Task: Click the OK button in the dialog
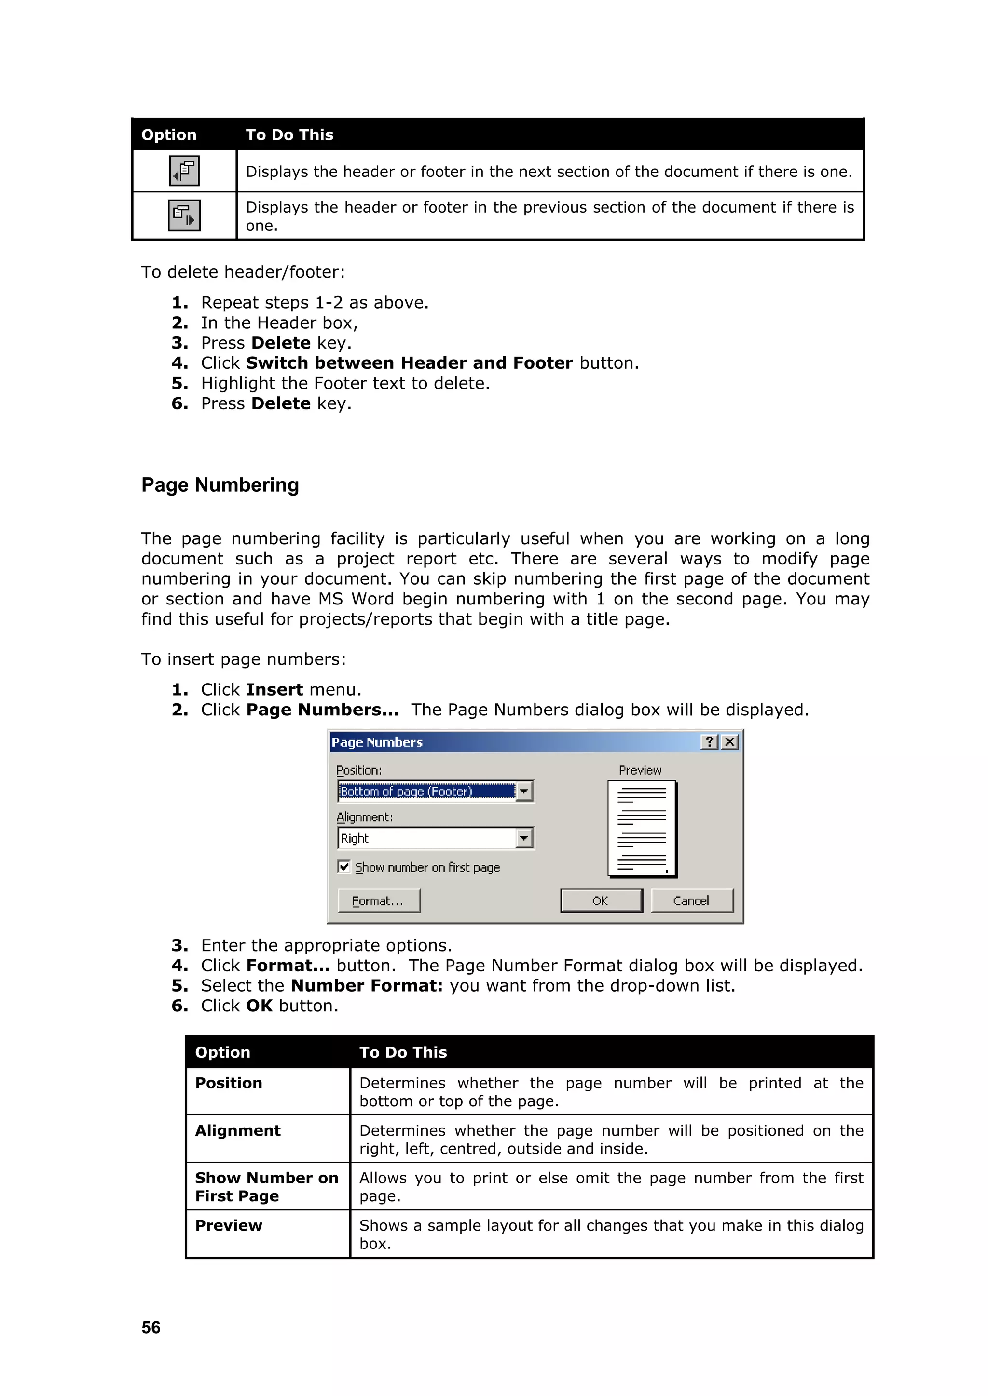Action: [601, 900]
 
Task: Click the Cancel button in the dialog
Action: [692, 900]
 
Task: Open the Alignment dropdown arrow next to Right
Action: [524, 838]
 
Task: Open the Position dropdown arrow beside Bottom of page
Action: [524, 791]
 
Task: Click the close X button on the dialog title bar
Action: [730, 742]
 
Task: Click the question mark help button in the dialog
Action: [709, 742]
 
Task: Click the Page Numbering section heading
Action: [220, 485]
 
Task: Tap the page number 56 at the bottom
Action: [151, 1327]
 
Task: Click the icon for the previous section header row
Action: [184, 215]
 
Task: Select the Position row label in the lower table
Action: [229, 1083]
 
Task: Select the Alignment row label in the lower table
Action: [238, 1130]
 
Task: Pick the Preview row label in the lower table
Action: [229, 1225]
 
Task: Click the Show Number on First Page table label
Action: [266, 1187]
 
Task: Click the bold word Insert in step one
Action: [274, 689]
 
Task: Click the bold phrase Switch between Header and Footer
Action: [410, 363]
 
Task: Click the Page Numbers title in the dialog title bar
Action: [377, 742]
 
